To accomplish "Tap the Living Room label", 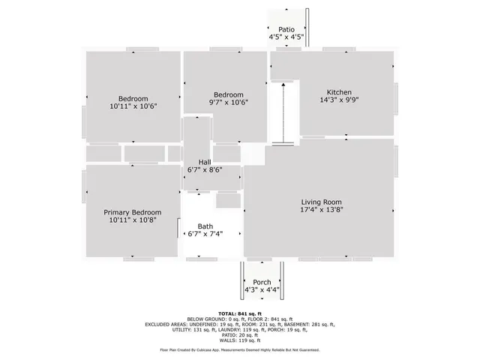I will point(322,202).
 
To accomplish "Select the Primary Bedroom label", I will point(133,212).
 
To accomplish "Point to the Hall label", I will point(204,162).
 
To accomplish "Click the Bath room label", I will point(205,226).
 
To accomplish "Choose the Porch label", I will point(262,282).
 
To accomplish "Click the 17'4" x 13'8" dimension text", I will point(322,210).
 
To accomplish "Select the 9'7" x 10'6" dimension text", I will point(228,103).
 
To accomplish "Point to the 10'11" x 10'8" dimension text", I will point(133,220).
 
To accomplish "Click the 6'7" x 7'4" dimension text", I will point(205,234).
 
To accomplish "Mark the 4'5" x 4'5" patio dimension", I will point(286,37).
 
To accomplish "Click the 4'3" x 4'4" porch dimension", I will point(262,290).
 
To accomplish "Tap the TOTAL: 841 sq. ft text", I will point(239,313).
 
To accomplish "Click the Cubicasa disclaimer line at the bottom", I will point(239,349).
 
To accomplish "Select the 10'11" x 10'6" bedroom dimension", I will point(133,106).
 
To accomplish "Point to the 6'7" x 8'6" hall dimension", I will point(204,170).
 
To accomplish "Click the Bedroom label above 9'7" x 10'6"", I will point(228,94).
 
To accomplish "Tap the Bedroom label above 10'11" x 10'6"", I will point(133,98).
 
